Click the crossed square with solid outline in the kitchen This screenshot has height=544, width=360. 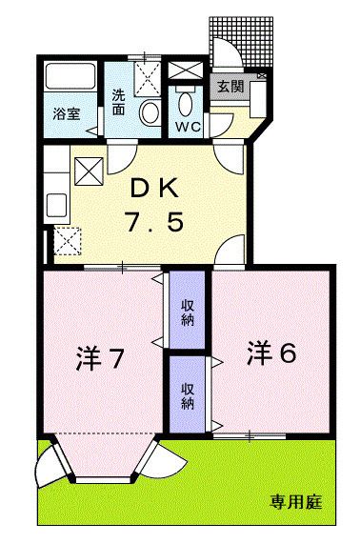tap(88, 171)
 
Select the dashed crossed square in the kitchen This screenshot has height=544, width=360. tap(68, 241)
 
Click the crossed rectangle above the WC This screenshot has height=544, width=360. tap(185, 72)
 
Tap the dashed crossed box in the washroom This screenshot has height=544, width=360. tap(147, 74)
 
